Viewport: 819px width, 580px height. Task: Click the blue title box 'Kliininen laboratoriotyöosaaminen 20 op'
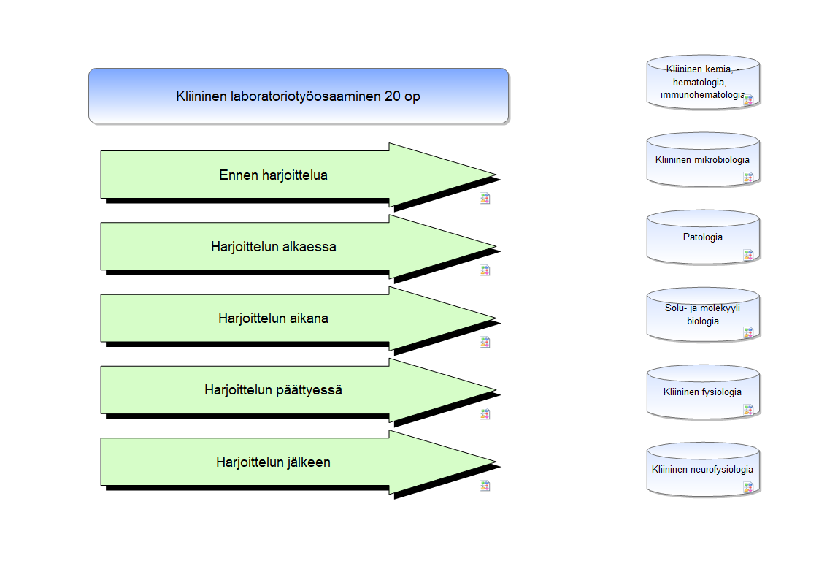299,96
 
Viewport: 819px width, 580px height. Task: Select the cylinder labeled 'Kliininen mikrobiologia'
703,159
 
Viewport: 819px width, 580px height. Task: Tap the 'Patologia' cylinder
703,237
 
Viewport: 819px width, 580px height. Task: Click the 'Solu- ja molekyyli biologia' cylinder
703,315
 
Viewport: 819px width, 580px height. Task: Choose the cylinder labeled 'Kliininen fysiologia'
703,392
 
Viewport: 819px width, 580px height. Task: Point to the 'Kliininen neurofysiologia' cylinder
703,469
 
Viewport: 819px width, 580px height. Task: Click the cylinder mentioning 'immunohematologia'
703,82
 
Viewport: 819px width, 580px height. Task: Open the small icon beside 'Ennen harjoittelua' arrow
485,199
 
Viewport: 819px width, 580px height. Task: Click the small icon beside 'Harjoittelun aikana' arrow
485,343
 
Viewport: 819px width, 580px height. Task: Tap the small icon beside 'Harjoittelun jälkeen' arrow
485,486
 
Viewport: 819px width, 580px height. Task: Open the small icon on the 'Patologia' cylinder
748,255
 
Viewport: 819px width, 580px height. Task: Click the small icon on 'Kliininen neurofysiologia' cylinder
748,487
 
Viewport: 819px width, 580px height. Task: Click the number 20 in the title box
392,96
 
